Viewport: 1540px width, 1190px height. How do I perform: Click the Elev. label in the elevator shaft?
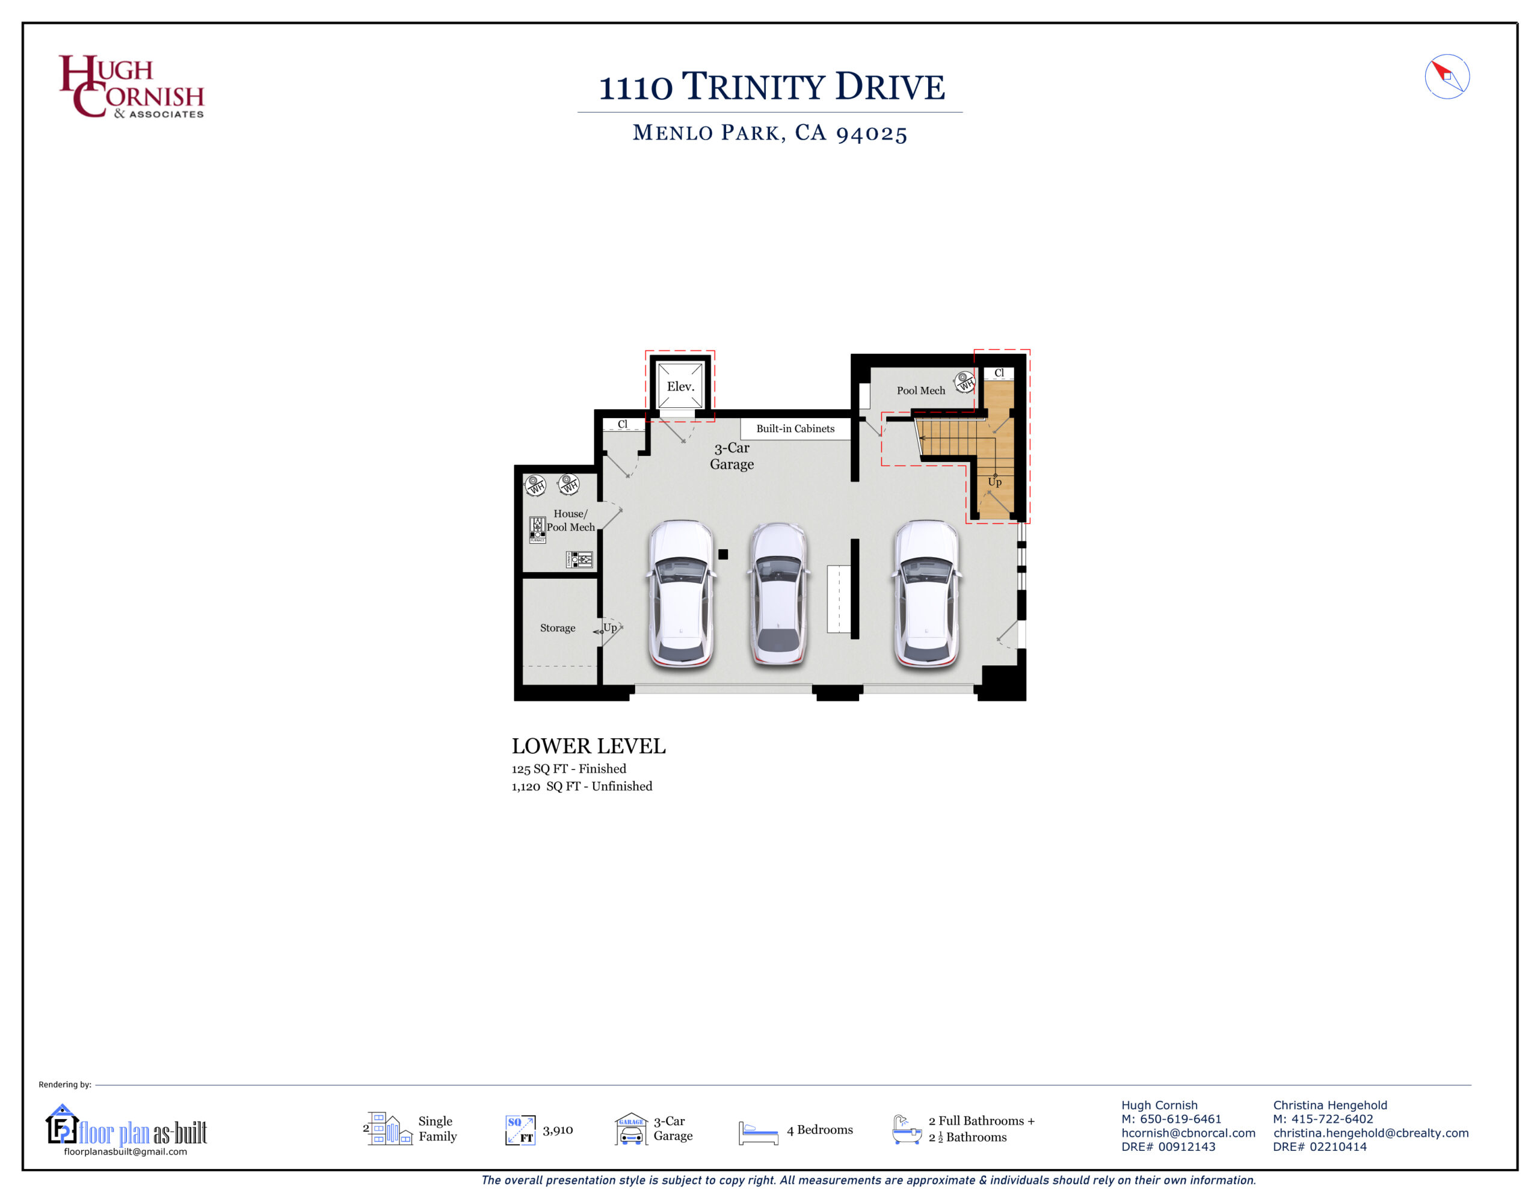pyautogui.click(x=680, y=387)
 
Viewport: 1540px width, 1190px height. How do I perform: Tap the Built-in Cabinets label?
pyautogui.click(x=795, y=429)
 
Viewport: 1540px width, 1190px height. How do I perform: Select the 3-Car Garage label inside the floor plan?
pyautogui.click(x=732, y=455)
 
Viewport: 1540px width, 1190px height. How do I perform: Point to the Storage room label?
pyautogui.click(x=558, y=628)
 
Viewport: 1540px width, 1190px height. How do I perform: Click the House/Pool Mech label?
pyautogui.click(x=570, y=520)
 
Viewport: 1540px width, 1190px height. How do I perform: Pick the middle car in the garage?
pyautogui.click(x=778, y=593)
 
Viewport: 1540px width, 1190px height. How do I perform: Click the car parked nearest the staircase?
pyautogui.click(x=926, y=593)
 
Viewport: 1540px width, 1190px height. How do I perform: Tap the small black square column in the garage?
pyautogui.click(x=722, y=555)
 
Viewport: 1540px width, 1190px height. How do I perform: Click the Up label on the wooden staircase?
pyautogui.click(x=994, y=482)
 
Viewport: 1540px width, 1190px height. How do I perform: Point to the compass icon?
pyautogui.click(x=1447, y=76)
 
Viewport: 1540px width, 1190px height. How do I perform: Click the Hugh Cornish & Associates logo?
pyautogui.click(x=132, y=86)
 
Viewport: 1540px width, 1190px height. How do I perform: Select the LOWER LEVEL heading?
pyautogui.click(x=589, y=745)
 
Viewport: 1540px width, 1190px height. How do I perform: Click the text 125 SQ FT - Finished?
pyautogui.click(x=569, y=769)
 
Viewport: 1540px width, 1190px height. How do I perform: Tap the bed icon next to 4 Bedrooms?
pyautogui.click(x=758, y=1133)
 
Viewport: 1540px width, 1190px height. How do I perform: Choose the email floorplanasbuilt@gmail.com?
pyautogui.click(x=126, y=1151)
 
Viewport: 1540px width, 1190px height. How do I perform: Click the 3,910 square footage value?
pyautogui.click(x=558, y=1130)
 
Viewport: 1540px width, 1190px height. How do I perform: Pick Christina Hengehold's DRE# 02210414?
pyautogui.click(x=1319, y=1146)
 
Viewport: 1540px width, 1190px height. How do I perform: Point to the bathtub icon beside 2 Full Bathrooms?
pyautogui.click(x=907, y=1129)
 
